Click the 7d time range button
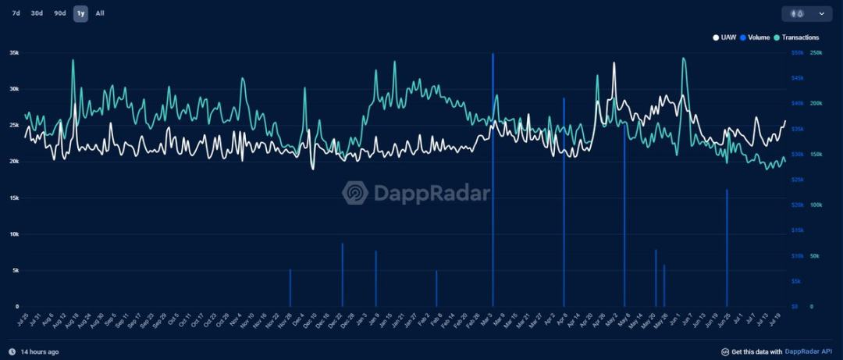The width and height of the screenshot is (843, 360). coord(16,13)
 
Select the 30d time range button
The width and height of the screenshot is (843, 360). coord(37,13)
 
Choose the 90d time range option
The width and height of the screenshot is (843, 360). coord(59,13)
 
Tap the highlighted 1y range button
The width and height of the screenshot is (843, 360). coord(80,13)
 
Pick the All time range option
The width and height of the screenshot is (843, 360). coord(100,13)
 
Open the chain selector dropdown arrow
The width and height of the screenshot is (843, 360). coord(821,13)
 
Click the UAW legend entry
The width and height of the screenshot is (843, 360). coord(726,37)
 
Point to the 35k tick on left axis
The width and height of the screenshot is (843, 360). coord(14,53)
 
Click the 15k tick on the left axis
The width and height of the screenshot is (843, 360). coord(14,198)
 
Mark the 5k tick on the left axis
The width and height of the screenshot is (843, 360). coord(14,270)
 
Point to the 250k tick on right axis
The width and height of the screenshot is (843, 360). coord(816,53)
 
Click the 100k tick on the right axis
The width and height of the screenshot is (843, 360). coord(816,205)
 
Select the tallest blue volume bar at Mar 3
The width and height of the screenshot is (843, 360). coord(493,180)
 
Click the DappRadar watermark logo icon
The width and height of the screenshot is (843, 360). coord(355,193)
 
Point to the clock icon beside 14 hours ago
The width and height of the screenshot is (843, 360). coord(12,351)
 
